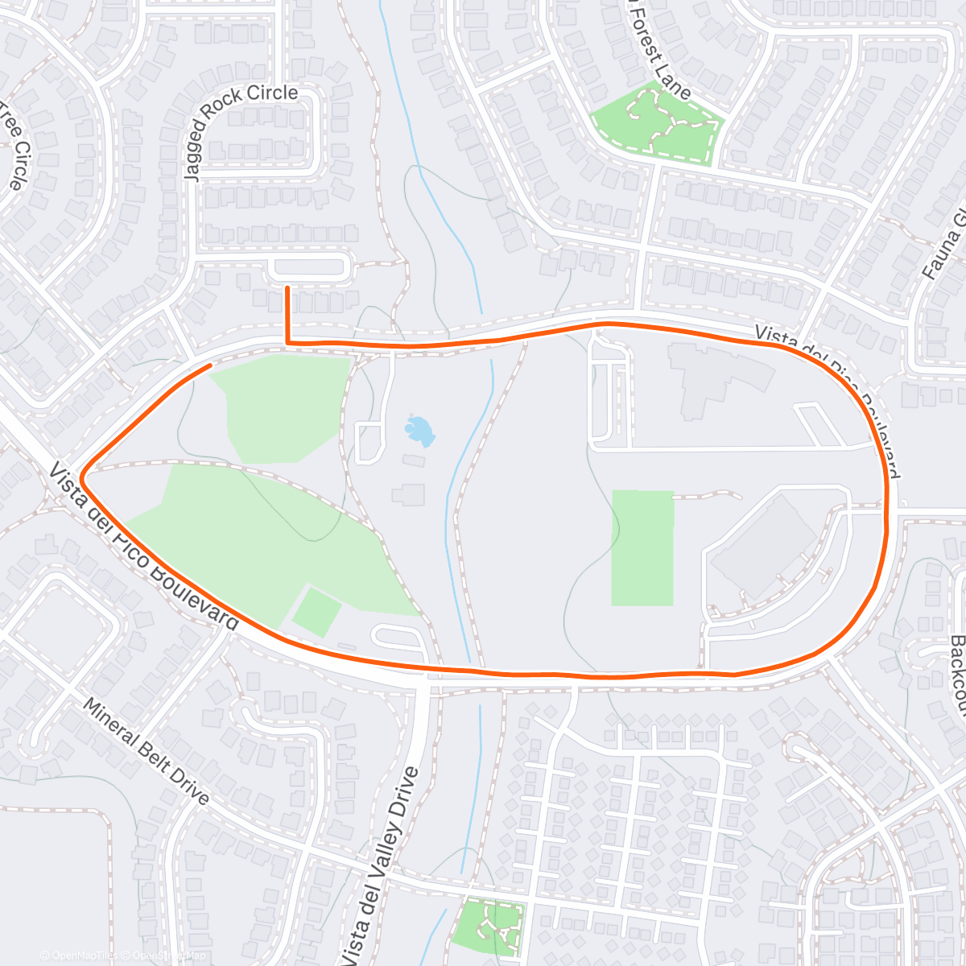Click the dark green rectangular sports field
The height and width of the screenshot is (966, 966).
642,547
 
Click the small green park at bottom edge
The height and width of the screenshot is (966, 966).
489,926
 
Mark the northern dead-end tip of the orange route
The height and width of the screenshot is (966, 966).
287,287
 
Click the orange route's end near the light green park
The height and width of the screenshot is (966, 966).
210,365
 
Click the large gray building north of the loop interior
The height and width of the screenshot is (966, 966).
716,374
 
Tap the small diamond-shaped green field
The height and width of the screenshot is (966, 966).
316,612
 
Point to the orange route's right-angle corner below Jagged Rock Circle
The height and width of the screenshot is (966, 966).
287,343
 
